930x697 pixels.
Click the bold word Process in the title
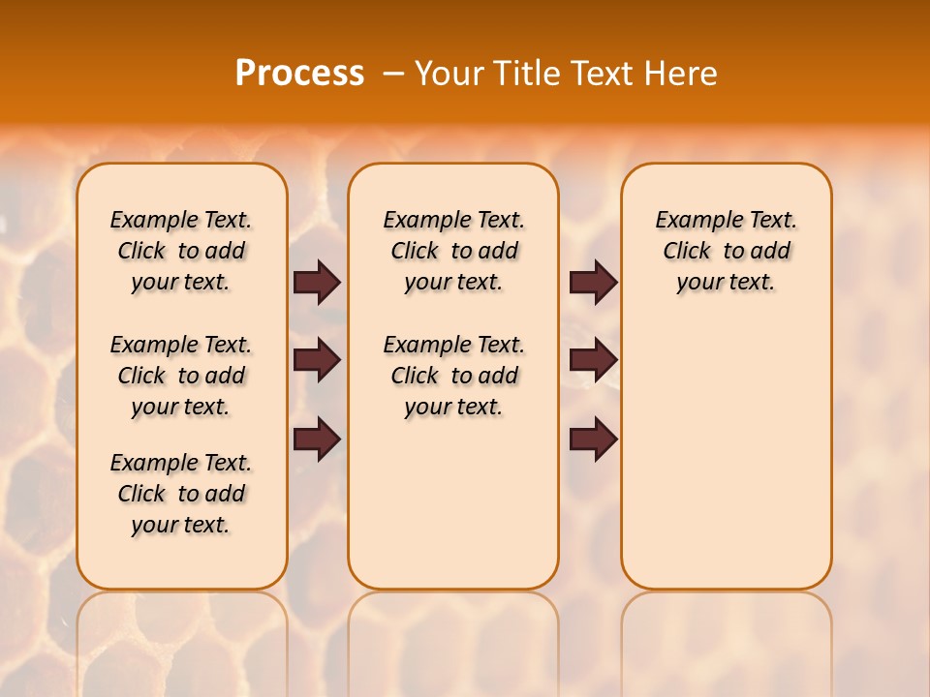click(299, 74)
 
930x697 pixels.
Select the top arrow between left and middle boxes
click(317, 283)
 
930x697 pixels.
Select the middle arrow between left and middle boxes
click(317, 361)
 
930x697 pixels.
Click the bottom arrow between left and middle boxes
click(317, 439)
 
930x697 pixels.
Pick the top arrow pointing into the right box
click(593, 283)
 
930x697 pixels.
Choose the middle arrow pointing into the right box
click(593, 361)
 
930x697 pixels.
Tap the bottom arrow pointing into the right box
click(593, 439)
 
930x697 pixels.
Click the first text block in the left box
click(181, 251)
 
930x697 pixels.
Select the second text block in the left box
click(181, 376)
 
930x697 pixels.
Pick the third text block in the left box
click(181, 494)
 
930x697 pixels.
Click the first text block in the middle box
click(453, 251)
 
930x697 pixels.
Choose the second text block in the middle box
click(453, 376)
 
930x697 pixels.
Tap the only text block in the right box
click(727, 251)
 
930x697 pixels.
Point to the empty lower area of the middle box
click(453, 503)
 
